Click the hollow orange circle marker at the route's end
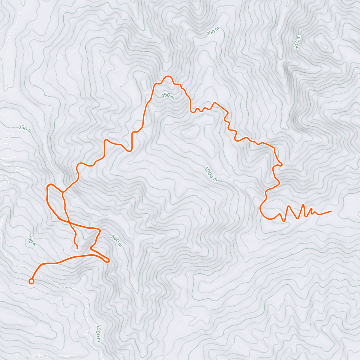31,281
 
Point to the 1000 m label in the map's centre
211,174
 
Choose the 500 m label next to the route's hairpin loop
117,241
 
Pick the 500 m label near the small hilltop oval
297,42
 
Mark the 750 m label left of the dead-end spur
32,240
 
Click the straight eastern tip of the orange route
331,211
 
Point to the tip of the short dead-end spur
77,249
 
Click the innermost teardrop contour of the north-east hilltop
324,45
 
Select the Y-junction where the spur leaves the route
63,192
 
